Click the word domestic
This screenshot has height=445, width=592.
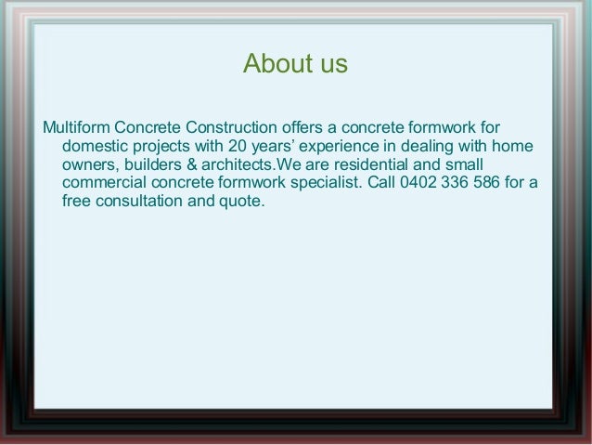(x=97, y=146)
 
